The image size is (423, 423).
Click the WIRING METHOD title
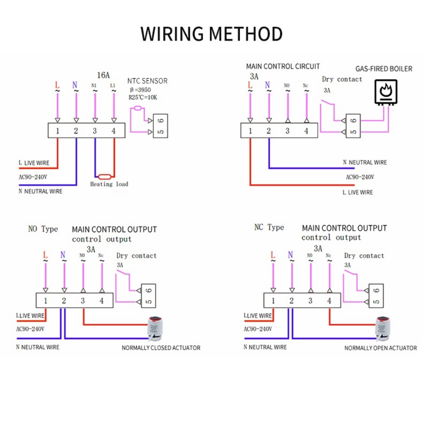pos(211,34)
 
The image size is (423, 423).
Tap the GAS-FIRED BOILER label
pos(383,69)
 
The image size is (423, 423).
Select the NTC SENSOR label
pos(147,81)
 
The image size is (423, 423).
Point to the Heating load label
pos(109,184)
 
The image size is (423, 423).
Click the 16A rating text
pos(103,75)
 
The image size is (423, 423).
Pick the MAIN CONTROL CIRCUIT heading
pos(283,66)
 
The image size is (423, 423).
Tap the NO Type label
pos(43,229)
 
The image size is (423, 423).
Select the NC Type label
pos(269,228)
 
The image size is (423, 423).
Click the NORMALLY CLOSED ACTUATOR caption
pos(161,348)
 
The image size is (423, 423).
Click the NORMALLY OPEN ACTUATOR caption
pos(380,348)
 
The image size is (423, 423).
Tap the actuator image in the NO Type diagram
pos(156,328)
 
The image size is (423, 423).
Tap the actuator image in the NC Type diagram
pos(385,328)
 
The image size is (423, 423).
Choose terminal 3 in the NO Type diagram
pos(83,301)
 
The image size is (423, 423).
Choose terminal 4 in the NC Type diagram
pos(329,301)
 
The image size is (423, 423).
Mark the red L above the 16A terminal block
pos(58,85)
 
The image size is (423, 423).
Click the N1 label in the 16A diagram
pos(94,85)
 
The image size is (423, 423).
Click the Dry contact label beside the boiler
pos(342,79)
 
